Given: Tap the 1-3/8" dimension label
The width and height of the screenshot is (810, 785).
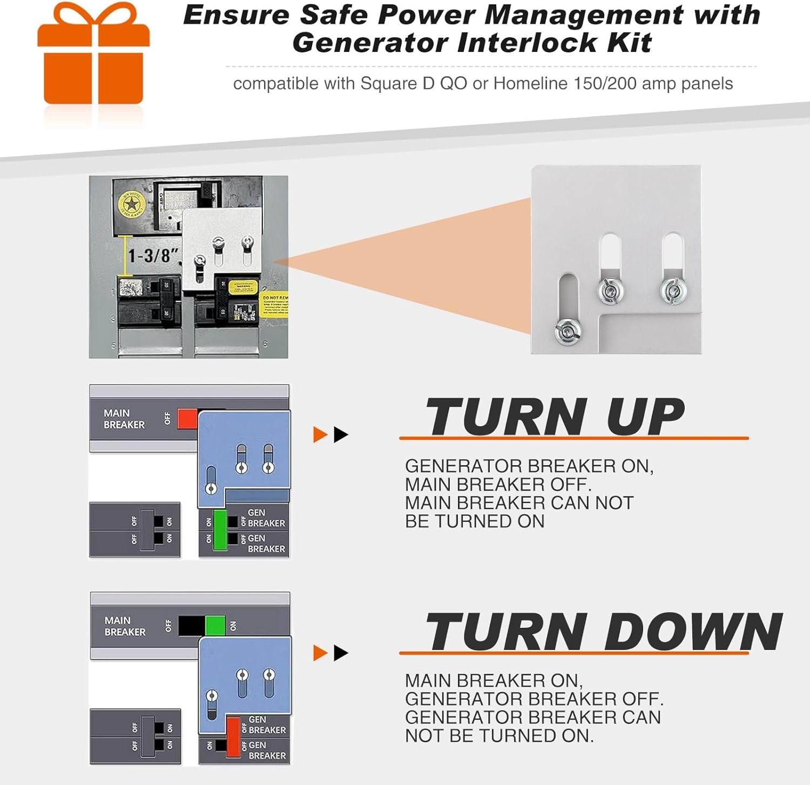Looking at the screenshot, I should (153, 255).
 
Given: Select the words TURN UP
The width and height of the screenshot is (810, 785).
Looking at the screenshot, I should (555, 417).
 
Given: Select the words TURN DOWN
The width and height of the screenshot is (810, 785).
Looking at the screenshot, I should (603, 632).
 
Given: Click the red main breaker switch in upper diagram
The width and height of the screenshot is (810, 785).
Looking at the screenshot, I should (187, 419).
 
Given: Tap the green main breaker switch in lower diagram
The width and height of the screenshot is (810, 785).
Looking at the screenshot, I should (215, 626).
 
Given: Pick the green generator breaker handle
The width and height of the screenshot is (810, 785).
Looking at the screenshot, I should (220, 530).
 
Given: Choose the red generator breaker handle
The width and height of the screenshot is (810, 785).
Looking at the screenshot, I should (233, 736).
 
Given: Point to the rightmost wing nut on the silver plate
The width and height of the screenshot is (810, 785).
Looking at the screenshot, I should (673, 291).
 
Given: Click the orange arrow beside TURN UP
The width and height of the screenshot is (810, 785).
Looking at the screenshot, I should (320, 434).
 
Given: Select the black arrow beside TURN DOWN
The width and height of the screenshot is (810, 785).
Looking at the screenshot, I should (341, 653).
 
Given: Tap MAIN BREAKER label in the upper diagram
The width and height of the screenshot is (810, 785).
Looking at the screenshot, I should (124, 419).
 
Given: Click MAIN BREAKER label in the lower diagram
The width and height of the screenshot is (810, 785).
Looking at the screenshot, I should (125, 626).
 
